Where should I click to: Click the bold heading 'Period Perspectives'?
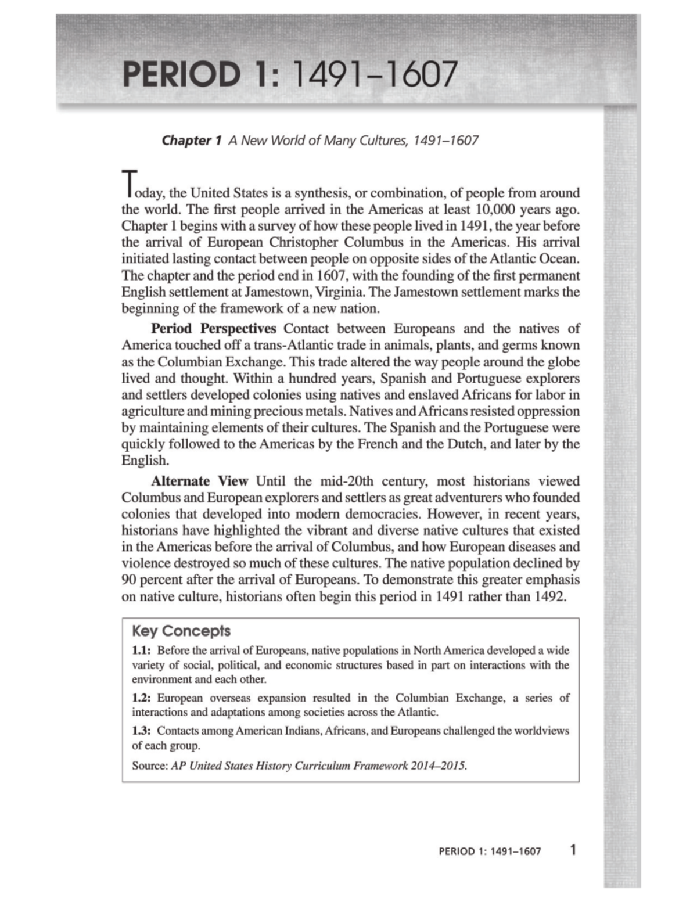click(x=214, y=329)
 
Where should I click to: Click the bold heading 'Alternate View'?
click(x=199, y=481)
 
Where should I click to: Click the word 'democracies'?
click(x=384, y=515)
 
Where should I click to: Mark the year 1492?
click(x=548, y=597)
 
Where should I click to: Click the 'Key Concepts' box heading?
click(x=181, y=631)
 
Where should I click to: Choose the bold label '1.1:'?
click(x=142, y=651)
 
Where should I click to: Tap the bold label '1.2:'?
click(x=142, y=698)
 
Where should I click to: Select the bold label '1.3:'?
click(x=142, y=731)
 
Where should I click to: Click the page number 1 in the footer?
click(x=573, y=851)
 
